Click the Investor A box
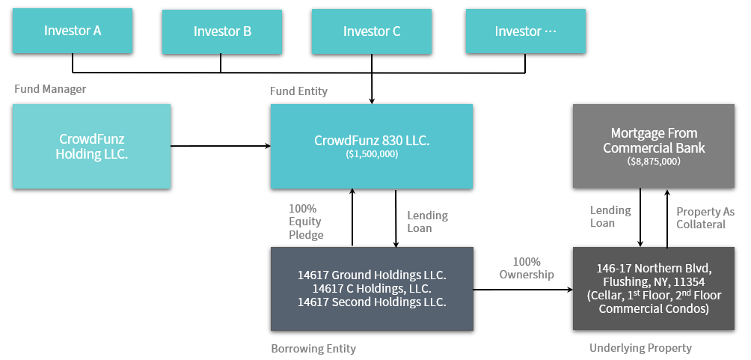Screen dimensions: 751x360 point(73,31)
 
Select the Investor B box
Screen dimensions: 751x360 point(222,31)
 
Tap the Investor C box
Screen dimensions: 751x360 point(372,31)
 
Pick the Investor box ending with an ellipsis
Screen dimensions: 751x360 point(525,31)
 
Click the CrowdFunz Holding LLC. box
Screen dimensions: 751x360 point(91,146)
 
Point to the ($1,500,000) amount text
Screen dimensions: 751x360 point(372,155)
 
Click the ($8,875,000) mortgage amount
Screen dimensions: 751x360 point(654,162)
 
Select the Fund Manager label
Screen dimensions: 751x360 point(50,89)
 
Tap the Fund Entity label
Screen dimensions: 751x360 point(299,91)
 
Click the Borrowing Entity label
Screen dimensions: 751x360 point(313,349)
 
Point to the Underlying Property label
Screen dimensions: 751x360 point(641,348)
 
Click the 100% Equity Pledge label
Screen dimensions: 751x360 point(306,222)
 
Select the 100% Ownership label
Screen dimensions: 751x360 point(527,268)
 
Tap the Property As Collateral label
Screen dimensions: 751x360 point(705,218)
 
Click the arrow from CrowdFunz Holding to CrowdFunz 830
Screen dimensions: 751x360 point(221,146)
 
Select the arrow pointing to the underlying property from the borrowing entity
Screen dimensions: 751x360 point(523,290)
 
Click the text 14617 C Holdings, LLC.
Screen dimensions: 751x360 point(372,289)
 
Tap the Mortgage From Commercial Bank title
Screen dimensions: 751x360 point(654,140)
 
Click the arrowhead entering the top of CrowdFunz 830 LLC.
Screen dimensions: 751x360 point(372,101)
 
